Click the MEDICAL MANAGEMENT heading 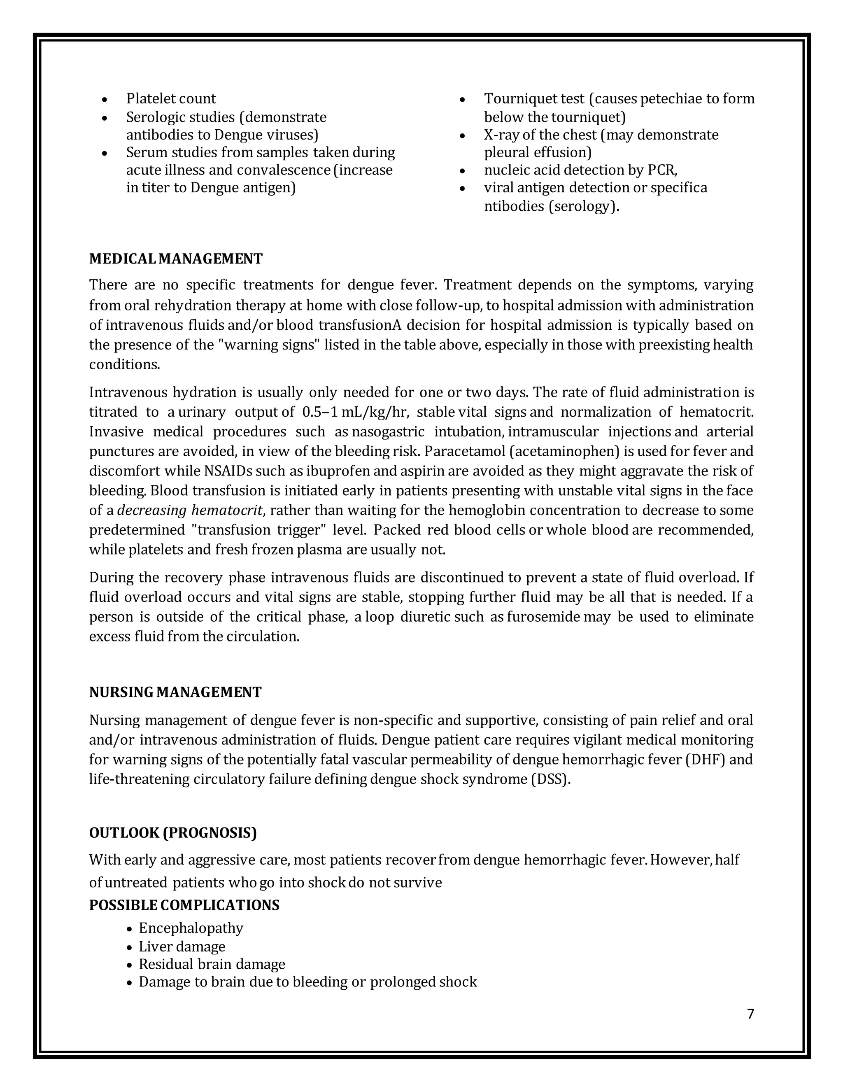pyautogui.click(x=175, y=259)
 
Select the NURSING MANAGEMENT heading pyautogui.click(x=175, y=692)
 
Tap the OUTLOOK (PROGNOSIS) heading pyautogui.click(x=173, y=833)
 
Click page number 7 pyautogui.click(x=750, y=1014)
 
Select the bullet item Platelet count pyautogui.click(x=171, y=98)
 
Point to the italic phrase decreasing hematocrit pyautogui.click(x=190, y=511)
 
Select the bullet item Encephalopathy pyautogui.click(x=191, y=928)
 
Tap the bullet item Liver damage pyautogui.click(x=182, y=946)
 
